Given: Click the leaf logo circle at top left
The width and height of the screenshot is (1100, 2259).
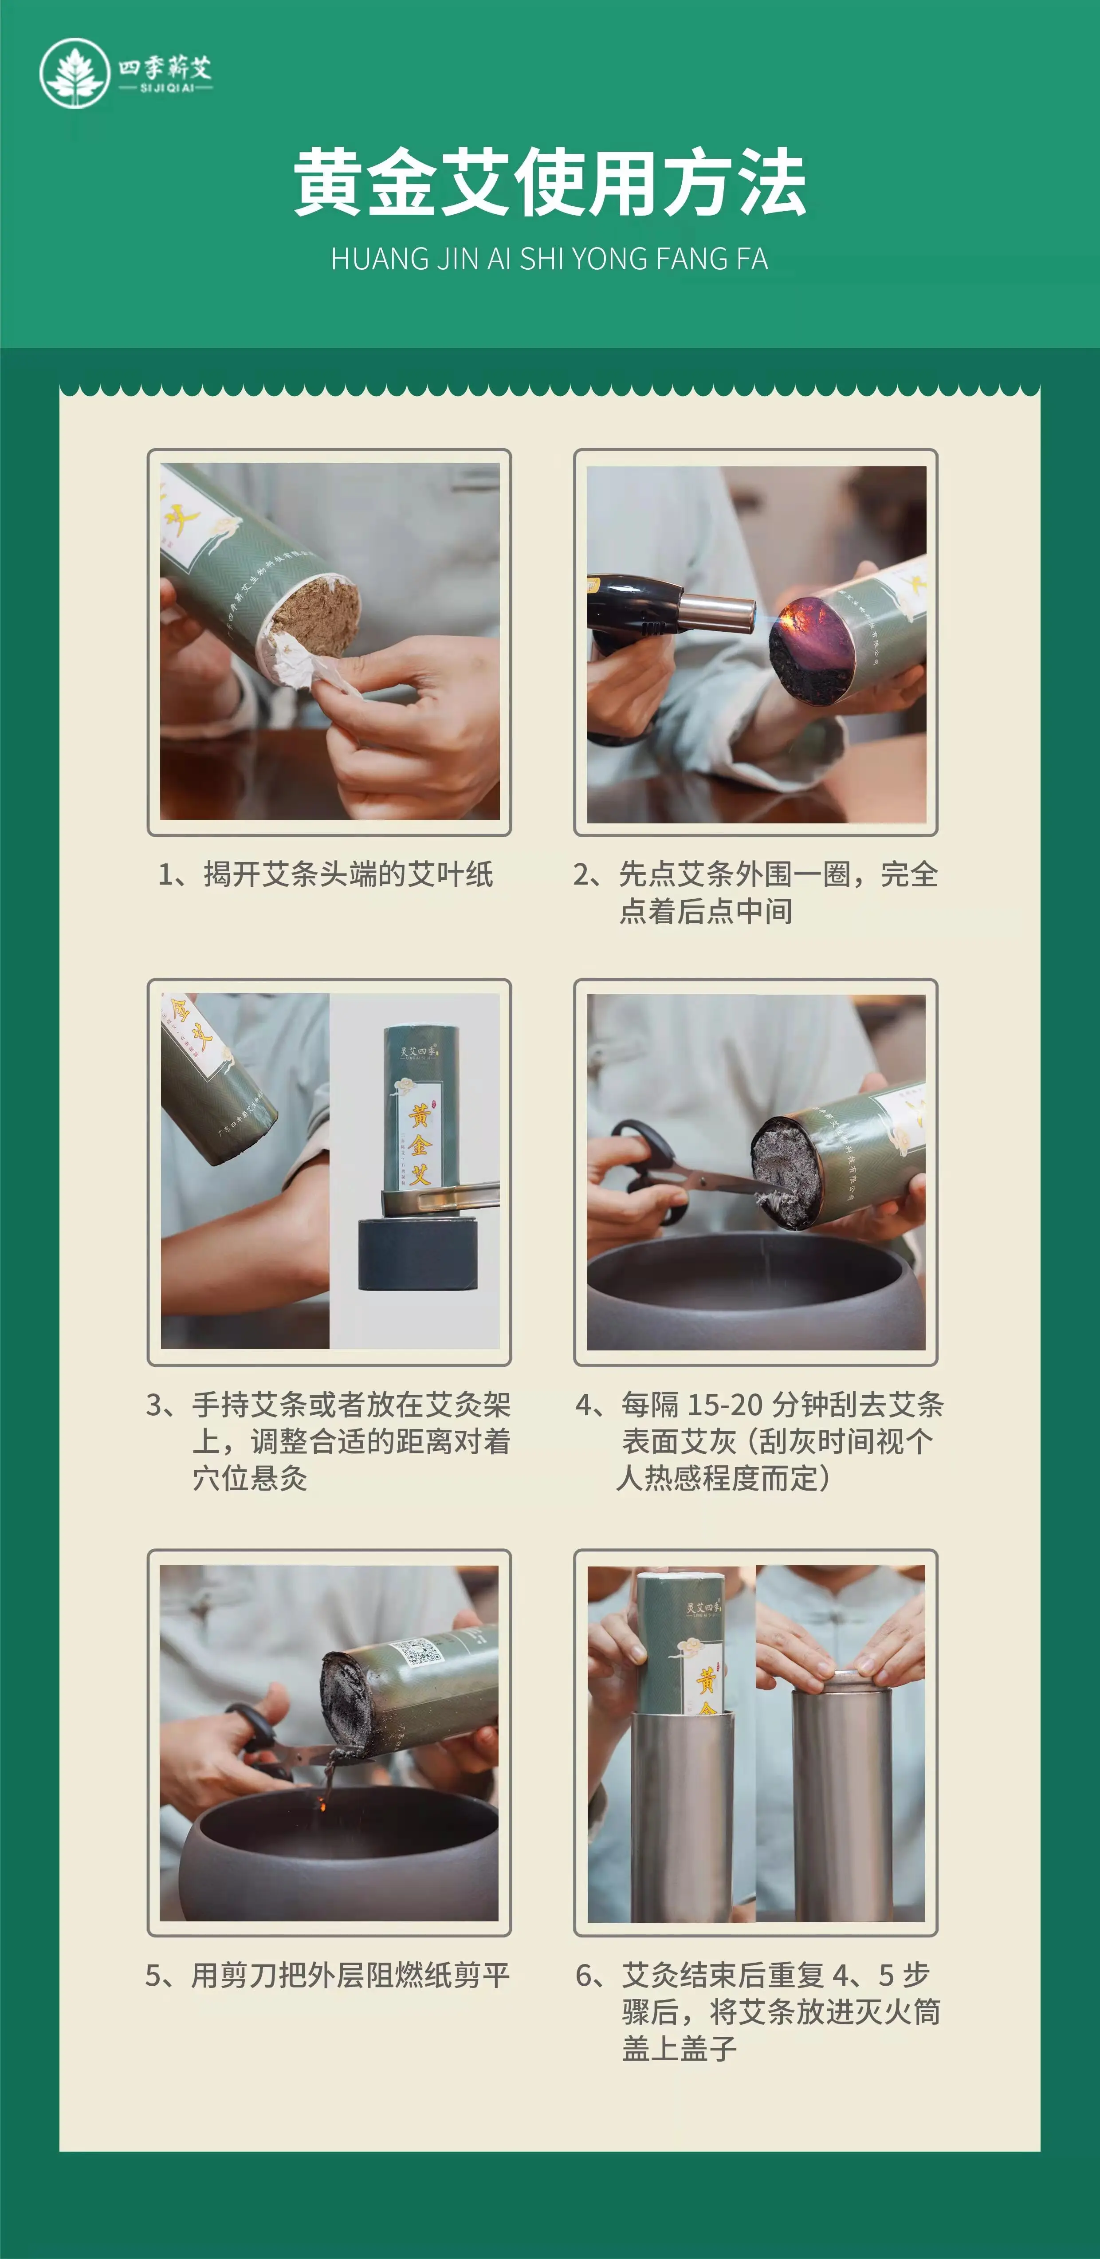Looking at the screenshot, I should pyautogui.click(x=75, y=73).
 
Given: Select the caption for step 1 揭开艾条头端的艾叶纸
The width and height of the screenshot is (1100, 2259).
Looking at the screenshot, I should pyautogui.click(x=326, y=874).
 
